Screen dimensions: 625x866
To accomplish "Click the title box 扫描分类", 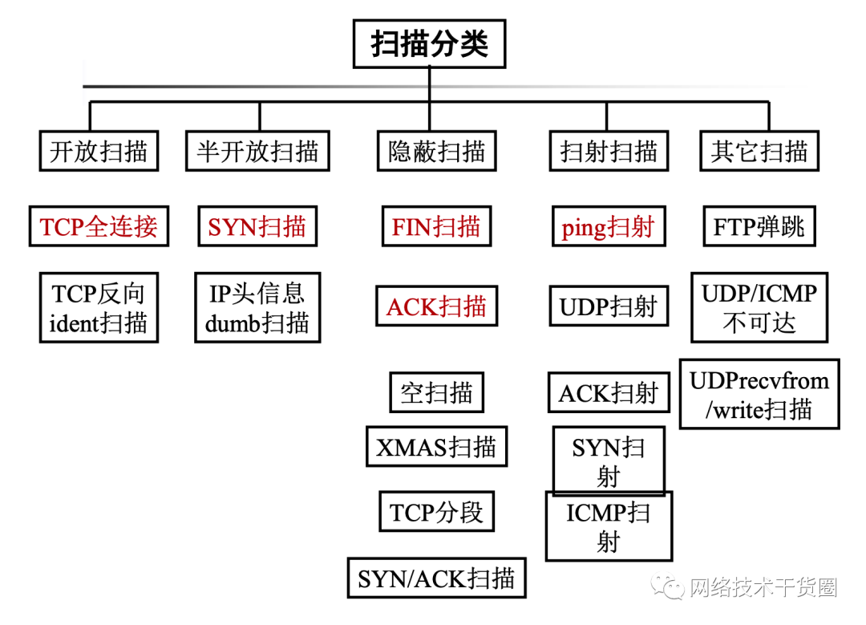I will (429, 44).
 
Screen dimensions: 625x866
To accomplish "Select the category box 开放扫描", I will (99, 151).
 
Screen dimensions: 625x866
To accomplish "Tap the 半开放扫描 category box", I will (257, 151).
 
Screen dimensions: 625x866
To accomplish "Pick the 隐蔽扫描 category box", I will (436, 151).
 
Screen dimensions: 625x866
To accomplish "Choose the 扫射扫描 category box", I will (609, 151).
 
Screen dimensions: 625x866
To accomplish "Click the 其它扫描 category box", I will (759, 151).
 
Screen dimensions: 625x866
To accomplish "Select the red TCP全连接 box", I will (99, 227).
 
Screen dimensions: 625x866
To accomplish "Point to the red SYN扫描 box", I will (257, 227).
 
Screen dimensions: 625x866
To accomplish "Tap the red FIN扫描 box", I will (436, 227).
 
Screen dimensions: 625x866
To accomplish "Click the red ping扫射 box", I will (609, 227).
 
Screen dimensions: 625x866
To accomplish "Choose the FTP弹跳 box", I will (759, 227).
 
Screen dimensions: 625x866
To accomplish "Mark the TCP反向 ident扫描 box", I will (99, 307).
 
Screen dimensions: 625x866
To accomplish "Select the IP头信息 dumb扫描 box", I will (257, 307).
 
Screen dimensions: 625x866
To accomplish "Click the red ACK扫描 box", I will (436, 306).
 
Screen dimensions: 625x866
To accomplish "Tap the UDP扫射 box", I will (609, 306).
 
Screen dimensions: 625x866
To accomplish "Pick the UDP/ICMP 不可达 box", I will (759, 307).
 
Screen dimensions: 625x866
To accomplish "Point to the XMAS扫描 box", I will (436, 446).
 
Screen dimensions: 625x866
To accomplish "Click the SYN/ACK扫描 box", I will (436, 578).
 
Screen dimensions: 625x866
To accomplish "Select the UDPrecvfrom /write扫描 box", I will (759, 394).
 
